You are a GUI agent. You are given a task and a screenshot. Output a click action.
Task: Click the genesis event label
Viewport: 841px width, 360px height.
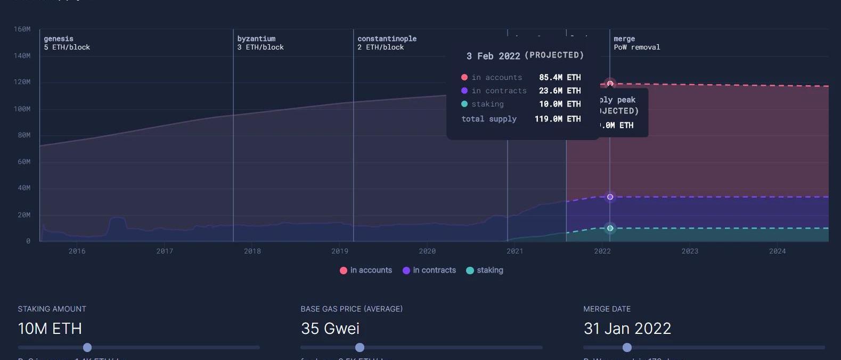(x=59, y=39)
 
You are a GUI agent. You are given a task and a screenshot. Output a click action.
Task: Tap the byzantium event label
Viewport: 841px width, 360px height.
(x=256, y=39)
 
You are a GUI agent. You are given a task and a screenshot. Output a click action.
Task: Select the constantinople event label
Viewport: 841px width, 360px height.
(x=387, y=39)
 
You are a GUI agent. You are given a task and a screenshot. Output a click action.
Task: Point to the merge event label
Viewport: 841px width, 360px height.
(x=624, y=39)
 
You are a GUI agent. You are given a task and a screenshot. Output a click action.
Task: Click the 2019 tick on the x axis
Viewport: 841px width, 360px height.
(x=340, y=251)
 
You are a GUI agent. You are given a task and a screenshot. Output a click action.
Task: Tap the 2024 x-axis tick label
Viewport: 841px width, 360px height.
(x=777, y=251)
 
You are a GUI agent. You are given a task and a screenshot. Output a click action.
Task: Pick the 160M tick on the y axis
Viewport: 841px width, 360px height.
(x=22, y=29)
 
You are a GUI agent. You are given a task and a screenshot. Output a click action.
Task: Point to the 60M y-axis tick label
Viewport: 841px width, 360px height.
(x=24, y=162)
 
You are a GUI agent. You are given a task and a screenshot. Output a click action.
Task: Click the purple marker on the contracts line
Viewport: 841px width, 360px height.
(x=610, y=197)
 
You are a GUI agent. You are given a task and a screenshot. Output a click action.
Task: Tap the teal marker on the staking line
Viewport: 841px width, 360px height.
(x=610, y=228)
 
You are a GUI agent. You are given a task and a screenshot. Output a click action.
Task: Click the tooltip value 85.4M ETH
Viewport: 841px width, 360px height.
(x=560, y=78)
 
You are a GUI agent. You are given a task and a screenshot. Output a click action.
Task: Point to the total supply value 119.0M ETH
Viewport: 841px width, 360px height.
(x=558, y=119)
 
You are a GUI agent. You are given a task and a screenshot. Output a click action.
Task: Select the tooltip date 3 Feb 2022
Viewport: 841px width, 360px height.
(x=493, y=56)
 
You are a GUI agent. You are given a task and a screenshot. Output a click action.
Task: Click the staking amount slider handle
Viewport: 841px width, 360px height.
(x=87, y=348)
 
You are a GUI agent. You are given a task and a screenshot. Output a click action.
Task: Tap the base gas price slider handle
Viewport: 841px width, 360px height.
(x=360, y=348)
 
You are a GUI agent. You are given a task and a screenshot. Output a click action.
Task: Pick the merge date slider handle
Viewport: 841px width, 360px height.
(x=627, y=348)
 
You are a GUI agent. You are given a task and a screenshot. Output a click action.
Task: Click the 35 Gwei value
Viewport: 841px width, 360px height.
(x=330, y=329)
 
